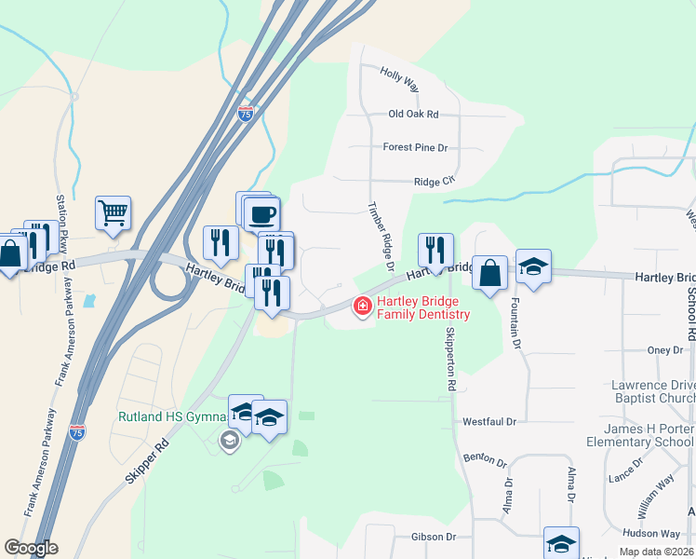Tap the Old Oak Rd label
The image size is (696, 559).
pyautogui.click(x=413, y=114)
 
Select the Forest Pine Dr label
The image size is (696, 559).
pyautogui.click(x=415, y=147)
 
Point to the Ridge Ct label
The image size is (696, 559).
pyautogui.click(x=434, y=182)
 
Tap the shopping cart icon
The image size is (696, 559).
pyautogui.click(x=113, y=212)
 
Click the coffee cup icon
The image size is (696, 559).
pyautogui.click(x=261, y=213)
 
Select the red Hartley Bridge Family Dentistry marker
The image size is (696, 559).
pyautogui.click(x=361, y=306)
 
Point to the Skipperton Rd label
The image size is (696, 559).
pyautogui.click(x=450, y=359)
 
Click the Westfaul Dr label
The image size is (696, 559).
pyautogui.click(x=489, y=422)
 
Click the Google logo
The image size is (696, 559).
pyautogui.click(x=32, y=547)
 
